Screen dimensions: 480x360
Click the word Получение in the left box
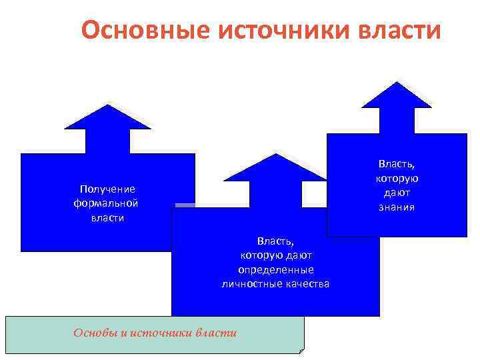click(x=107, y=189)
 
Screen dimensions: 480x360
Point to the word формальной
click(x=107, y=203)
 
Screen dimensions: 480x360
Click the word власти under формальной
click(x=107, y=218)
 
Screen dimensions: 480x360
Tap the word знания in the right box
click(x=398, y=207)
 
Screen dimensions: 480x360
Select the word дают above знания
click(x=398, y=193)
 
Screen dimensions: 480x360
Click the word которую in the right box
click(x=398, y=178)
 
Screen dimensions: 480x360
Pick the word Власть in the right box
click(x=398, y=163)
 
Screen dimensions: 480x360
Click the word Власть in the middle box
click(x=275, y=240)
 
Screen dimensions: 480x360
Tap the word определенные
click(x=275, y=269)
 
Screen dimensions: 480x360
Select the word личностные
click(x=250, y=284)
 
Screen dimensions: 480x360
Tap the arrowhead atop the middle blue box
click(x=276, y=169)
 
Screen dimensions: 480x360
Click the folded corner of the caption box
click(x=301, y=349)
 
